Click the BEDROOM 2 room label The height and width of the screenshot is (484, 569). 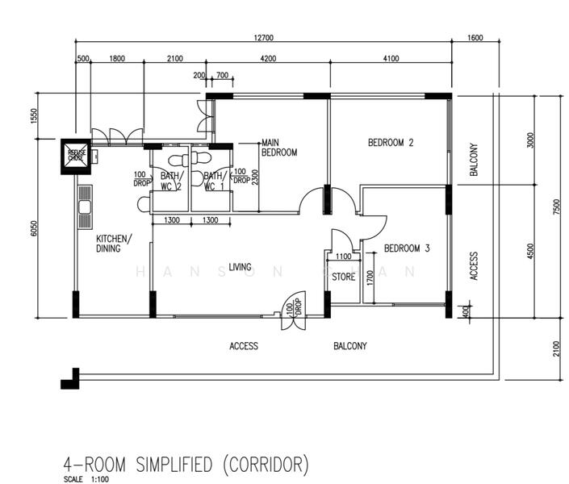click(x=391, y=143)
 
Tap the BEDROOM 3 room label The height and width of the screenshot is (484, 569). click(x=407, y=248)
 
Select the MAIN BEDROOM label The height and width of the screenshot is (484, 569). click(x=279, y=148)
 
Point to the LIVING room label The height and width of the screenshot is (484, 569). click(x=240, y=267)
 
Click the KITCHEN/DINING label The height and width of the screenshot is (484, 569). click(x=114, y=244)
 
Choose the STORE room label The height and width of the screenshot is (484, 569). click(x=344, y=277)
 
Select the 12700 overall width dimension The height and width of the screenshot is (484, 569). click(x=263, y=37)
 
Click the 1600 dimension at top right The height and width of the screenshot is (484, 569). click(x=475, y=37)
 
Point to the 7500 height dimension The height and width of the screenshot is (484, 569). click(x=555, y=207)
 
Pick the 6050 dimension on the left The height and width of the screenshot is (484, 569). click(x=34, y=228)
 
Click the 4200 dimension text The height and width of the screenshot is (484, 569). click(x=267, y=58)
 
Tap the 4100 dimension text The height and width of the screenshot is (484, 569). click(x=390, y=58)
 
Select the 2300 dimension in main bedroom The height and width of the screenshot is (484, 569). click(x=256, y=177)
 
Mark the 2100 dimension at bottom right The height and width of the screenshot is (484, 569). click(x=555, y=347)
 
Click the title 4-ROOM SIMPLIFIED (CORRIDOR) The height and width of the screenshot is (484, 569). click(x=186, y=465)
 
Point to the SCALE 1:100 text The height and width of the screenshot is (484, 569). click(x=86, y=479)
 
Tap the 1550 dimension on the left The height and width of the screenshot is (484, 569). click(x=34, y=115)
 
